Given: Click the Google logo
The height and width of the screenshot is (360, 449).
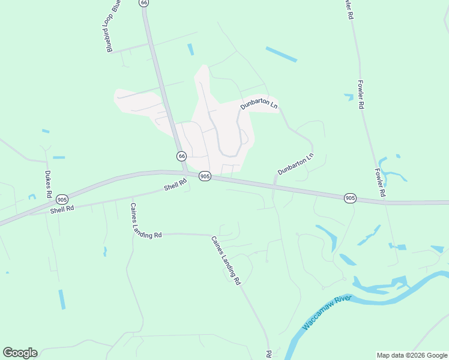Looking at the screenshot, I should (x=20, y=353).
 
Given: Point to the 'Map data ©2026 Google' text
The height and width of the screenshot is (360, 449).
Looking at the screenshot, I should (x=411, y=355).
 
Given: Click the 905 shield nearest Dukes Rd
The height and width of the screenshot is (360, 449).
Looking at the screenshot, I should (x=62, y=199).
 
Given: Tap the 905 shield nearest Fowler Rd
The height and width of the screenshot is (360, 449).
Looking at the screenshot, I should (x=351, y=197).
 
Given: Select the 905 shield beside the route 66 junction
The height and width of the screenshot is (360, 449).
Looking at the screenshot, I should (x=205, y=176).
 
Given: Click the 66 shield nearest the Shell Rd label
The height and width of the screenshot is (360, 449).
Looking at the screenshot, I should (x=181, y=156).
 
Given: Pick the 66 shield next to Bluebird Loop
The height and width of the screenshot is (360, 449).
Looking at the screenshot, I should (x=143, y=2).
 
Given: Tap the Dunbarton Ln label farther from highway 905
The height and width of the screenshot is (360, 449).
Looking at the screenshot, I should (x=259, y=105).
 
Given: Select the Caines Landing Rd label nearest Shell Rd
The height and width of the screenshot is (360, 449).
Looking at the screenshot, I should (x=146, y=220).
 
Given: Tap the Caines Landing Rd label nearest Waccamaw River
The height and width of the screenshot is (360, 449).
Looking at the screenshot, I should (x=226, y=260).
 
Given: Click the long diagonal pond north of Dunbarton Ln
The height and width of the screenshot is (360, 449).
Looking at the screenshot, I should (x=281, y=54).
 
